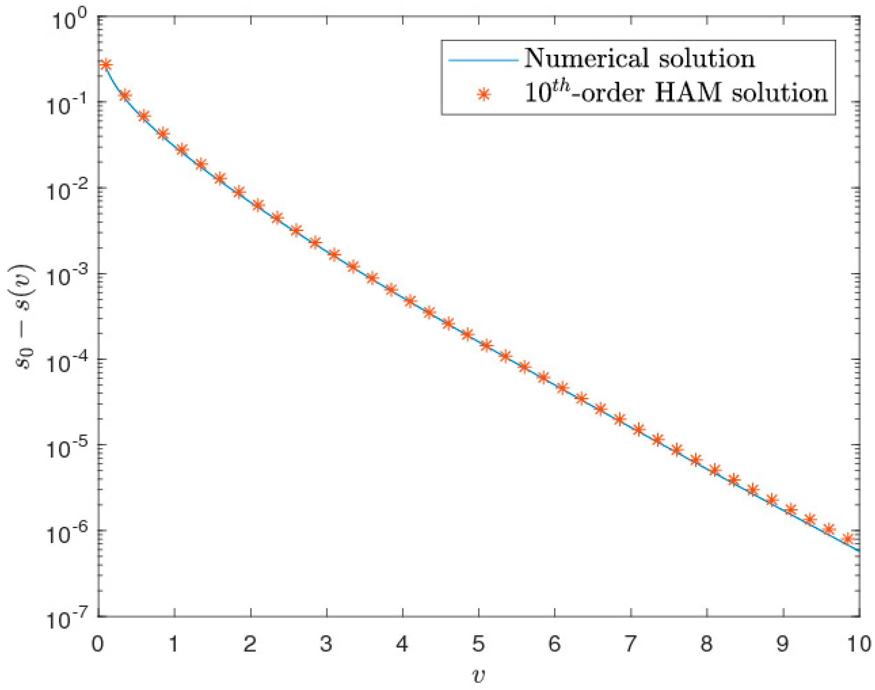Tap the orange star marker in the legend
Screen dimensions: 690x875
click(483, 94)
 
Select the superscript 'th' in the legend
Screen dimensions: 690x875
click(561, 85)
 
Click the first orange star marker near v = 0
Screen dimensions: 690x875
click(105, 65)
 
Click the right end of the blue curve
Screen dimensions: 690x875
click(859, 550)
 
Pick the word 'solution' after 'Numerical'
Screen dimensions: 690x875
click(707, 58)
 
